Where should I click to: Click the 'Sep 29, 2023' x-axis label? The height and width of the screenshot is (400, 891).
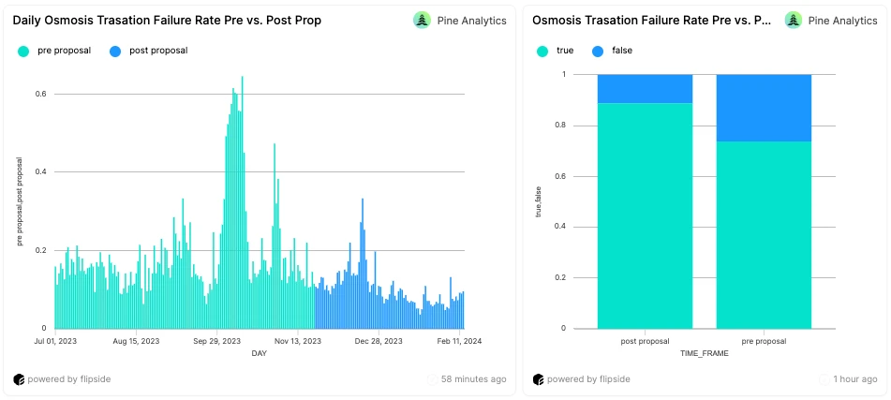click(217, 341)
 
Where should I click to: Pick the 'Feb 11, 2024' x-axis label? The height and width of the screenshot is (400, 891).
click(459, 341)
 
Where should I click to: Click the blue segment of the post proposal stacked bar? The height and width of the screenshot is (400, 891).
click(645, 88)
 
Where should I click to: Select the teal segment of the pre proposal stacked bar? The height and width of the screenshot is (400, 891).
click(764, 234)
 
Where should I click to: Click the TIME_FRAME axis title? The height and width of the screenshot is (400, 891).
click(705, 353)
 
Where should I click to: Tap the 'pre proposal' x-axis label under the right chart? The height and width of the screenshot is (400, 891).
click(764, 341)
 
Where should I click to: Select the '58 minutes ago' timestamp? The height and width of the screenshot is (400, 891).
click(474, 379)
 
